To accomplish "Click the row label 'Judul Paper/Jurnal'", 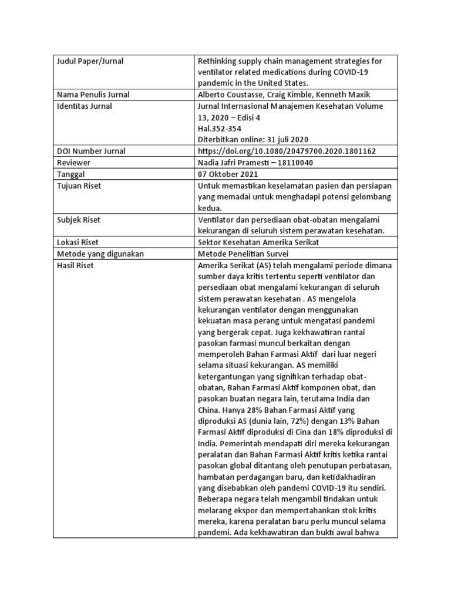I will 90,61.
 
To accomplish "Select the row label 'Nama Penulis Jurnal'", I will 93,95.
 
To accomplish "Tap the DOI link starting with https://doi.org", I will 288,151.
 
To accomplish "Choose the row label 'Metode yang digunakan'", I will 100,254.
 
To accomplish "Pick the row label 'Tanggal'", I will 71,175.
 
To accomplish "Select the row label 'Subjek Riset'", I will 79,220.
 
